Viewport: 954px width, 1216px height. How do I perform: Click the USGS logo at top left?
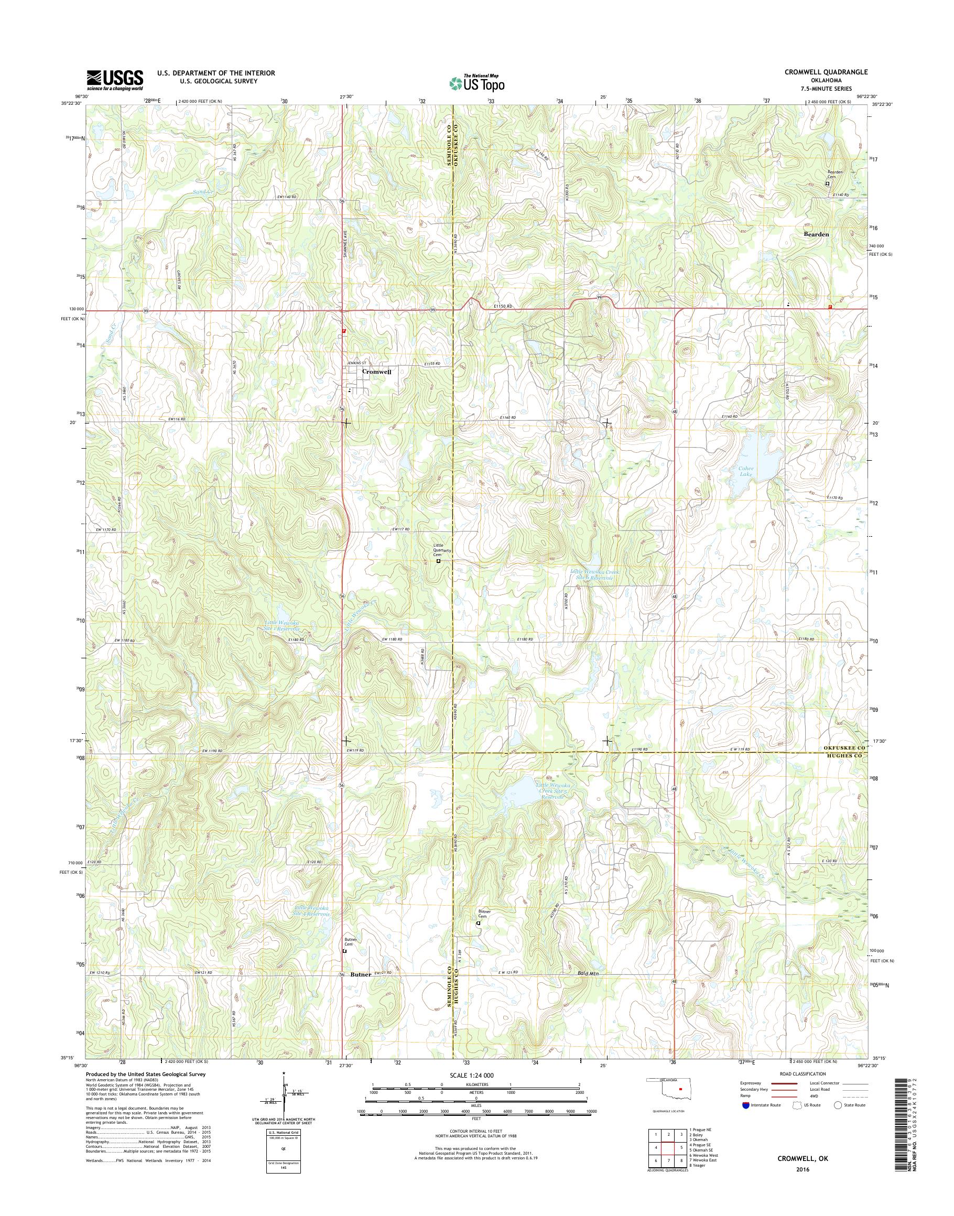(x=114, y=80)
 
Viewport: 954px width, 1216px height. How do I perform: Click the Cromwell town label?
(x=377, y=371)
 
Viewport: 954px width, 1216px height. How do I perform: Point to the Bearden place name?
(x=816, y=234)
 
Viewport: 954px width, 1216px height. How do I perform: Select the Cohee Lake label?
(x=747, y=471)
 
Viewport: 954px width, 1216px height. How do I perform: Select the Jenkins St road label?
(x=356, y=364)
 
